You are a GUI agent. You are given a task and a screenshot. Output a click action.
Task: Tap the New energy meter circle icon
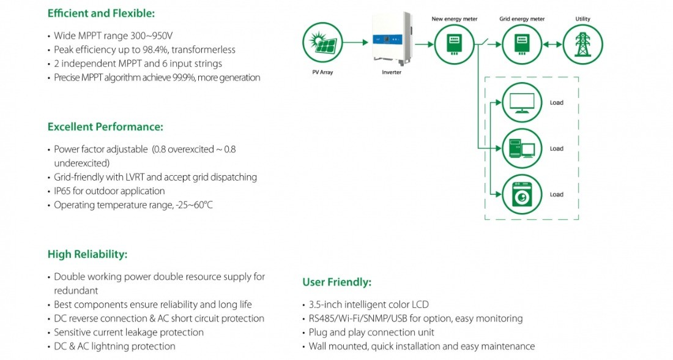coord(454,44)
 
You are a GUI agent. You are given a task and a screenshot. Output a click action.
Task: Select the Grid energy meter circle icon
coord(521,44)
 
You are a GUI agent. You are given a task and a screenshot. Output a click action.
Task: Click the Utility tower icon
coord(582,44)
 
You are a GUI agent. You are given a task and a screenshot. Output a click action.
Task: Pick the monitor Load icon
coord(522,103)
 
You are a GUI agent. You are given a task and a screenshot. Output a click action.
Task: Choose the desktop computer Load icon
coord(522,149)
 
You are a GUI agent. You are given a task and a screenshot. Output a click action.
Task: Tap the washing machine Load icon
coord(522,195)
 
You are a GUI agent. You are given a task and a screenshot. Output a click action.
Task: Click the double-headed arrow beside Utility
coord(552,44)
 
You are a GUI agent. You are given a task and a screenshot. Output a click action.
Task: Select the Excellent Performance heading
coord(105,127)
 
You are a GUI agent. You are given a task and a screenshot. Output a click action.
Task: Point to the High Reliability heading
coord(87,254)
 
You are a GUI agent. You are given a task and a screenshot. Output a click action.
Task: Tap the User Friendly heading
coord(336,282)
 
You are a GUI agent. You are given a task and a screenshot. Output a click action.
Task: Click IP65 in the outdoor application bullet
coord(64,191)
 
